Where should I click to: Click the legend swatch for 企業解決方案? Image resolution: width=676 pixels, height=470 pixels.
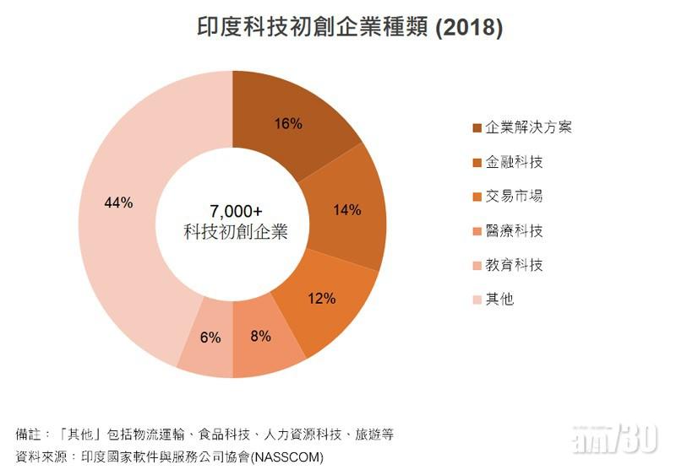click(x=477, y=127)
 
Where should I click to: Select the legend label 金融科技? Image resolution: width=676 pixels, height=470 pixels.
click(x=514, y=162)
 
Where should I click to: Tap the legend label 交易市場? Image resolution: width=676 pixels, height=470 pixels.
click(x=514, y=197)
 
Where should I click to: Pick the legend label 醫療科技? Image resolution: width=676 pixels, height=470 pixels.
click(x=514, y=231)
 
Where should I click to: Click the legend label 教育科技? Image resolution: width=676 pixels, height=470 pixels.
click(x=514, y=265)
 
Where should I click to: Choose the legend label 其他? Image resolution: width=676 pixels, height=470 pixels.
click(x=499, y=300)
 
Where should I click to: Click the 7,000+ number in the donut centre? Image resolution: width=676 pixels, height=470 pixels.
click(x=236, y=211)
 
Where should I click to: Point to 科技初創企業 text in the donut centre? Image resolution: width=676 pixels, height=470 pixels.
click(x=236, y=231)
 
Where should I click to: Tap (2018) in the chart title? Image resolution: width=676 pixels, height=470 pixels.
click(x=469, y=27)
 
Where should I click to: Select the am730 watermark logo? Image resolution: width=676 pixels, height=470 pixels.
click(x=615, y=438)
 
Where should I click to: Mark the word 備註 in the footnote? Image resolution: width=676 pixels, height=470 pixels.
click(x=29, y=435)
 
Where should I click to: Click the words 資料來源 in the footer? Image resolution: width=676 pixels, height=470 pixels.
click(x=41, y=456)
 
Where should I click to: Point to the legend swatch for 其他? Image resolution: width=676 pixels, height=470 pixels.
click(x=477, y=300)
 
